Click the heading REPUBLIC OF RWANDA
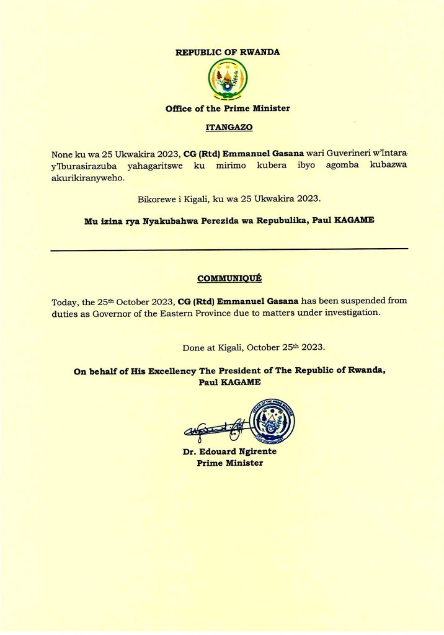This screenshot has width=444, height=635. click(228, 52)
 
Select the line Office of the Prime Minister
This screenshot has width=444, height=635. click(228, 109)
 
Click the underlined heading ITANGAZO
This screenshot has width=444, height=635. click(228, 128)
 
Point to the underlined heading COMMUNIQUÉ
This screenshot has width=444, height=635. click(228, 278)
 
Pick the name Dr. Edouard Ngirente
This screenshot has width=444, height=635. click(229, 451)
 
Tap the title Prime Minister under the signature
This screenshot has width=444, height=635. click(229, 463)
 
